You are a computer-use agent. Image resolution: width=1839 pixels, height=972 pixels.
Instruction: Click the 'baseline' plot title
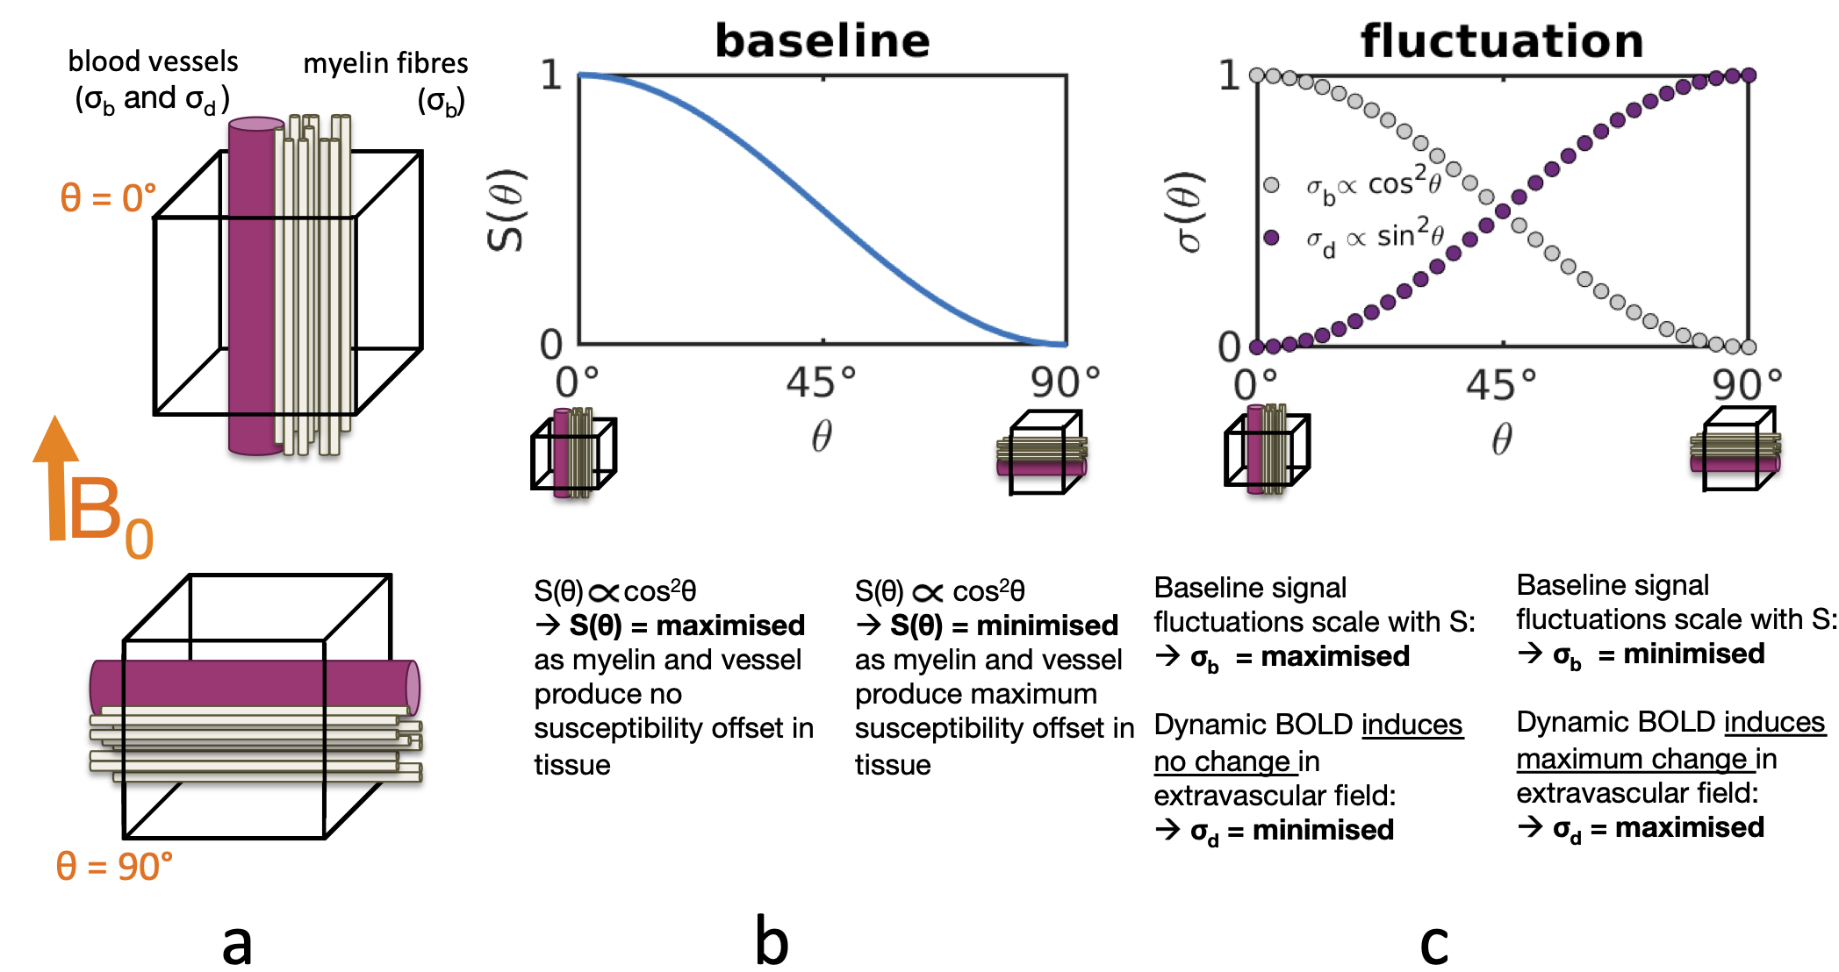(823, 41)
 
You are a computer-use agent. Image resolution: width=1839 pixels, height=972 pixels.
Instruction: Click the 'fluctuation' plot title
(1502, 41)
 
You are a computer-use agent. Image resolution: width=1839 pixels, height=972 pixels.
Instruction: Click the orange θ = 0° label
(107, 198)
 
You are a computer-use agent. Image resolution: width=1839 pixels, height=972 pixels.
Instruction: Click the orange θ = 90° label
(114, 867)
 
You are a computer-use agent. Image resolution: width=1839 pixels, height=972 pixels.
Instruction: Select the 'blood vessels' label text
(153, 61)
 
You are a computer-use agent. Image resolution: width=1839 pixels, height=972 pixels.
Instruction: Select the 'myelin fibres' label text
(385, 63)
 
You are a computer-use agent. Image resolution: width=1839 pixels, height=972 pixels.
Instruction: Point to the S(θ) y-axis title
(506, 211)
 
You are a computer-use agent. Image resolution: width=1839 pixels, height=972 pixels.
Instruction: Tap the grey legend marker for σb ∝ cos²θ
(1271, 185)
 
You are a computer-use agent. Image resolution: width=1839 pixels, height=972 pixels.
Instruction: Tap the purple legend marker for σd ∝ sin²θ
(1271, 237)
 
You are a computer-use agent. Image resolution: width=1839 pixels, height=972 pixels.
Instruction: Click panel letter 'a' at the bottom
(237, 944)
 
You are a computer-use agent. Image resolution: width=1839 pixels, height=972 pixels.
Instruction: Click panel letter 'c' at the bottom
(1433, 944)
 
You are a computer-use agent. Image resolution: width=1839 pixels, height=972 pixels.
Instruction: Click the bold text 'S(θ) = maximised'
(686, 625)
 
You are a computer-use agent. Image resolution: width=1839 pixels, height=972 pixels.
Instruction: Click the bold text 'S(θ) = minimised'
(1003, 625)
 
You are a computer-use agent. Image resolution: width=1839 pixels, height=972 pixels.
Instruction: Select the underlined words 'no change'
(1224, 761)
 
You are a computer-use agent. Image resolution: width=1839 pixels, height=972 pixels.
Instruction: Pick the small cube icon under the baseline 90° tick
(1042, 453)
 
